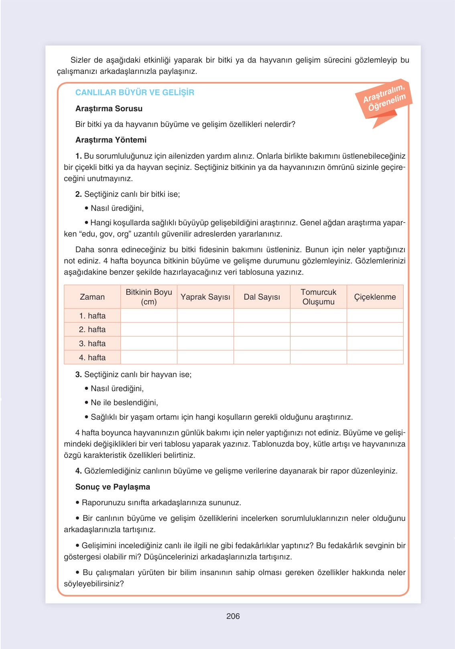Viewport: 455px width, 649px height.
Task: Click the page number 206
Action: [233, 616]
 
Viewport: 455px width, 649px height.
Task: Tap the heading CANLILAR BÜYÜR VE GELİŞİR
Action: [134, 92]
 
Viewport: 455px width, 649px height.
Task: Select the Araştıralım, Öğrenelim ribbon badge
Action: [384, 99]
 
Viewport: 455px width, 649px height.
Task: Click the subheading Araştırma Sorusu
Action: [109, 108]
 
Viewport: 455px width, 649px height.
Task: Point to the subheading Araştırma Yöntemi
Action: [111, 140]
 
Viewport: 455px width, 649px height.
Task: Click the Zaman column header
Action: [92, 297]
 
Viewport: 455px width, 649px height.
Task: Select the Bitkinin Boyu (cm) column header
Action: [149, 297]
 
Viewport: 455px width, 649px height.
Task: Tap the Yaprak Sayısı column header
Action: [205, 297]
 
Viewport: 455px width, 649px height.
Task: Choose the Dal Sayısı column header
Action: [262, 297]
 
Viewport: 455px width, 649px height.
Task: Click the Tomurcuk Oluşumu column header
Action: [318, 297]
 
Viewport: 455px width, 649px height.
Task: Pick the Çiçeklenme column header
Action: [375, 297]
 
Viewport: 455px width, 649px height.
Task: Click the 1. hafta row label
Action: [92, 316]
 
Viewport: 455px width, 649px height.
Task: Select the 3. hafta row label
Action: [92, 343]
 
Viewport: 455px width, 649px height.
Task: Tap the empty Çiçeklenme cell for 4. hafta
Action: [375, 357]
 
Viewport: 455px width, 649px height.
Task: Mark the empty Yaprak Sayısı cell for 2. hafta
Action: [205, 329]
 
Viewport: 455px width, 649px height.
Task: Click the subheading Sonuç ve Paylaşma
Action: [112, 487]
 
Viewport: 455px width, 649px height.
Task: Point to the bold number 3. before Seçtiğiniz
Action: [79, 374]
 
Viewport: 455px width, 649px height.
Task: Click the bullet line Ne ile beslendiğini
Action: [124, 402]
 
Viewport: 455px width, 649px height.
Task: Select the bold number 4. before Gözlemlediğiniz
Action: [79, 471]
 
